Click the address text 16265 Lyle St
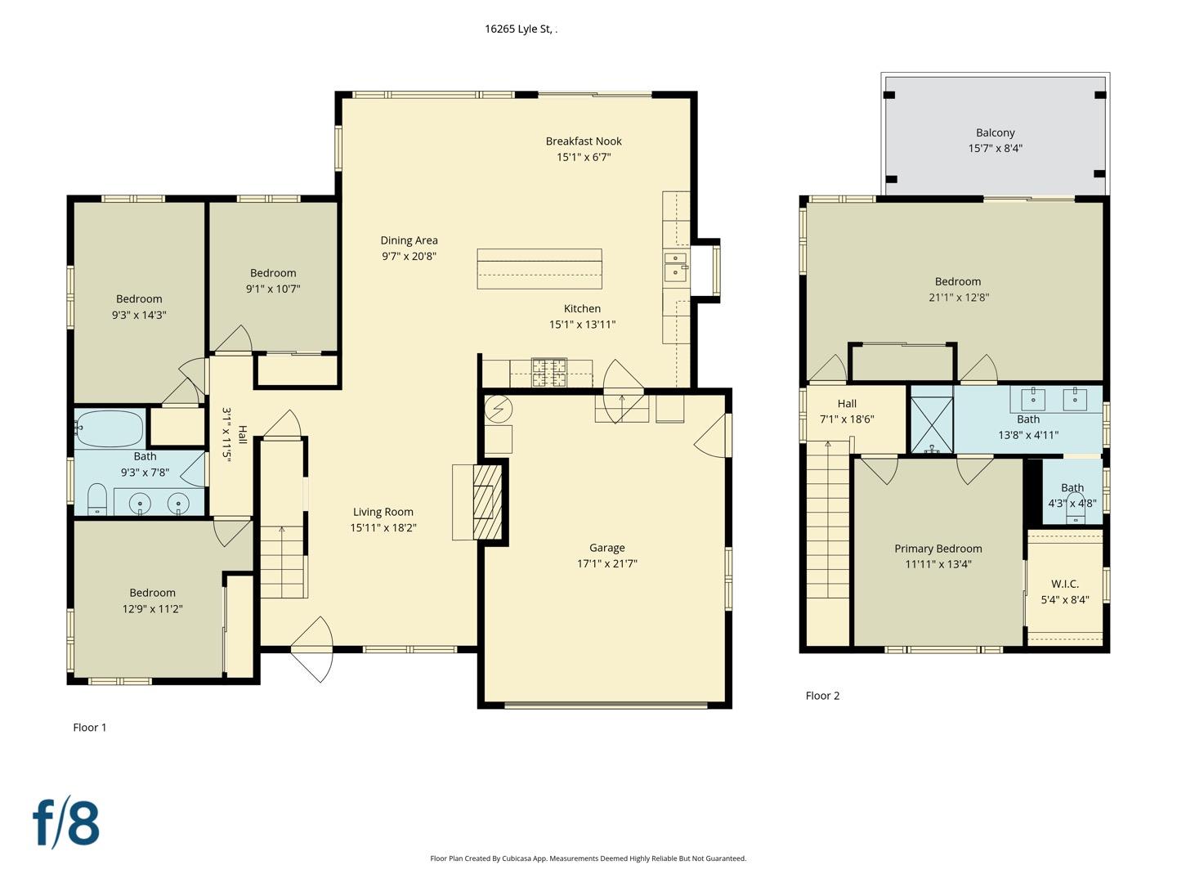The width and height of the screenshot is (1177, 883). pyautogui.click(x=520, y=29)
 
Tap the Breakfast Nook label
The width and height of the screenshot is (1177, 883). pyautogui.click(x=584, y=141)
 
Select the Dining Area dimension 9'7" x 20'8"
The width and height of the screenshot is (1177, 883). pyautogui.click(x=409, y=256)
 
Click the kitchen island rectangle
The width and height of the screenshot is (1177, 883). pyautogui.click(x=539, y=269)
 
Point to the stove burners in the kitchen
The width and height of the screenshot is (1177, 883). pyautogui.click(x=549, y=372)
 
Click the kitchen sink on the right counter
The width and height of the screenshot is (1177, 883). pyautogui.click(x=675, y=267)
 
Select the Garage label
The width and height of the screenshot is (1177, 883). pyautogui.click(x=606, y=548)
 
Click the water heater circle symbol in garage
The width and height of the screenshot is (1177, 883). pyautogui.click(x=498, y=408)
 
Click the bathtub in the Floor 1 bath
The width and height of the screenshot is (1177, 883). pyautogui.click(x=110, y=428)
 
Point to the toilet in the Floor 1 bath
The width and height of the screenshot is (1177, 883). pyautogui.click(x=97, y=499)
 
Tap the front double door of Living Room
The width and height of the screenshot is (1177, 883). pyautogui.click(x=312, y=649)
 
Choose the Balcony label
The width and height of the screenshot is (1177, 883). pyautogui.click(x=995, y=132)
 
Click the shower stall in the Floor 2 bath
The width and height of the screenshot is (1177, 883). pyautogui.click(x=932, y=424)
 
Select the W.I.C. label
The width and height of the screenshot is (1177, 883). pyautogui.click(x=1064, y=584)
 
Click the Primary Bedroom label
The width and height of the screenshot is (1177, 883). pyautogui.click(x=938, y=549)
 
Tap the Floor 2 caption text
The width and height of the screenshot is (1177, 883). pyautogui.click(x=822, y=696)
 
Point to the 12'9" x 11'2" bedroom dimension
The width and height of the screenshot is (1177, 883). pyautogui.click(x=152, y=608)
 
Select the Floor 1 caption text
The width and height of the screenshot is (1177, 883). pyautogui.click(x=90, y=728)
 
